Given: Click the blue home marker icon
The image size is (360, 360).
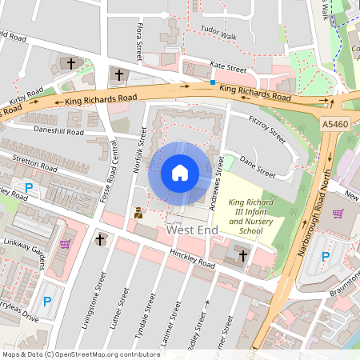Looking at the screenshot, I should point(180,173).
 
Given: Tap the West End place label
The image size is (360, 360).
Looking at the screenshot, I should point(192,230).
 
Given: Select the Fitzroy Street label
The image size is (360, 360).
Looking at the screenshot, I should point(266,129).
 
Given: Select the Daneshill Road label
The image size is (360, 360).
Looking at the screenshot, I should point(58,130).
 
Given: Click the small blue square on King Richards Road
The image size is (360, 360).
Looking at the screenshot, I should point(212,82).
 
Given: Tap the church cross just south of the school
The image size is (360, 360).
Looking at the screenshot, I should point(242,255).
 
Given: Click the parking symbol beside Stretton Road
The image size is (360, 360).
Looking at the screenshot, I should point(29,189).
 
